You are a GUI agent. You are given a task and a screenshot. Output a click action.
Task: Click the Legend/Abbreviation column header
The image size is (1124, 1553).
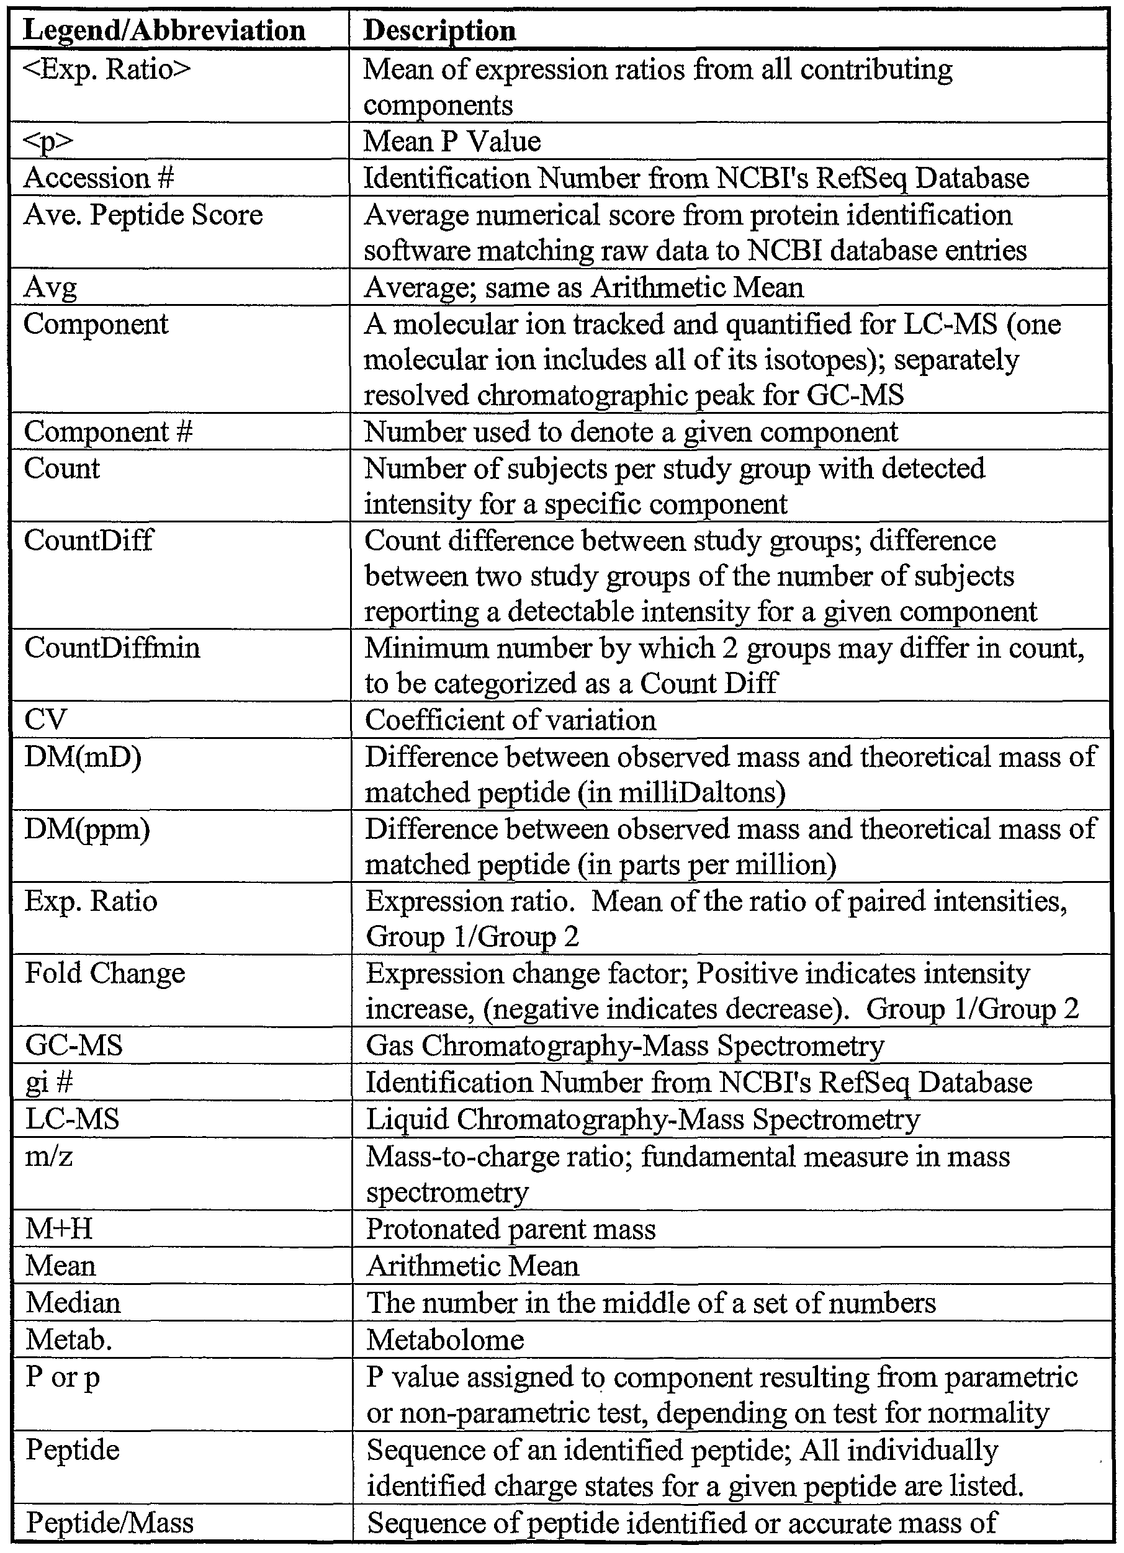coord(164,31)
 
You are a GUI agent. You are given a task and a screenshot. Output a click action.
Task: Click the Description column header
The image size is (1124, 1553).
coord(439,31)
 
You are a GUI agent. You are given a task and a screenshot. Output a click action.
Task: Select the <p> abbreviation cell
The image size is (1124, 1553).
coord(48,141)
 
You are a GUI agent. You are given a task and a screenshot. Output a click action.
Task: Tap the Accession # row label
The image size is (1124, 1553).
coord(99,178)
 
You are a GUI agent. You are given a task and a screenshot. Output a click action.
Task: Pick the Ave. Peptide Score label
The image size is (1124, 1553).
coord(143,215)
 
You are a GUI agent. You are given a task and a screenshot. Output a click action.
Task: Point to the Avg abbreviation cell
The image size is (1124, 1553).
coord(50,288)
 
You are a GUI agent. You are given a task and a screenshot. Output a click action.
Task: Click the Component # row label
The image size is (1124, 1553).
coord(108,431)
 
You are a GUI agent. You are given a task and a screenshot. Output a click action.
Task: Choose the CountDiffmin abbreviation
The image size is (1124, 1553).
coord(112,647)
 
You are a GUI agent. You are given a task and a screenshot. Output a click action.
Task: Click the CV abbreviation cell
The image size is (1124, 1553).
coord(45,720)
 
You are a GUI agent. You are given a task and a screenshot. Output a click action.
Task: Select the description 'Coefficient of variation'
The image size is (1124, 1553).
coord(510,720)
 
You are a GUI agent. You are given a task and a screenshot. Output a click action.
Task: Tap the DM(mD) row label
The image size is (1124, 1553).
coord(83,758)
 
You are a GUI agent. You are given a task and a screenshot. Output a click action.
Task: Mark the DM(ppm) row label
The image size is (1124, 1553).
coord(87,829)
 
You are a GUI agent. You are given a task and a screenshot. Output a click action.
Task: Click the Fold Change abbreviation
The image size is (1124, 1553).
coord(105,973)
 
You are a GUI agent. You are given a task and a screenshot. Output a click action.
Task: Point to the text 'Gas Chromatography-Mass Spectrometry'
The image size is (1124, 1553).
coord(624,1045)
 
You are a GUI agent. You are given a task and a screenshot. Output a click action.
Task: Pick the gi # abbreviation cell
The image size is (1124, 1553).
coord(49,1082)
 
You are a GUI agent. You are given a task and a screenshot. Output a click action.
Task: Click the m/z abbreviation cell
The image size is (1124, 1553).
coord(48,1156)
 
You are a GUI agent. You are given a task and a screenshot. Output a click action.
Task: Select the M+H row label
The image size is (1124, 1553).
coord(59,1229)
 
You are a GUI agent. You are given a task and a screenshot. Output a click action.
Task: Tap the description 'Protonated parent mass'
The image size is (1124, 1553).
coord(511,1229)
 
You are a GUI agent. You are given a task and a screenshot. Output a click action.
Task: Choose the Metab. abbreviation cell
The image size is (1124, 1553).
coord(68,1340)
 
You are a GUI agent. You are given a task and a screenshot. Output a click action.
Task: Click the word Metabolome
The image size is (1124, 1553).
coord(445,1340)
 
